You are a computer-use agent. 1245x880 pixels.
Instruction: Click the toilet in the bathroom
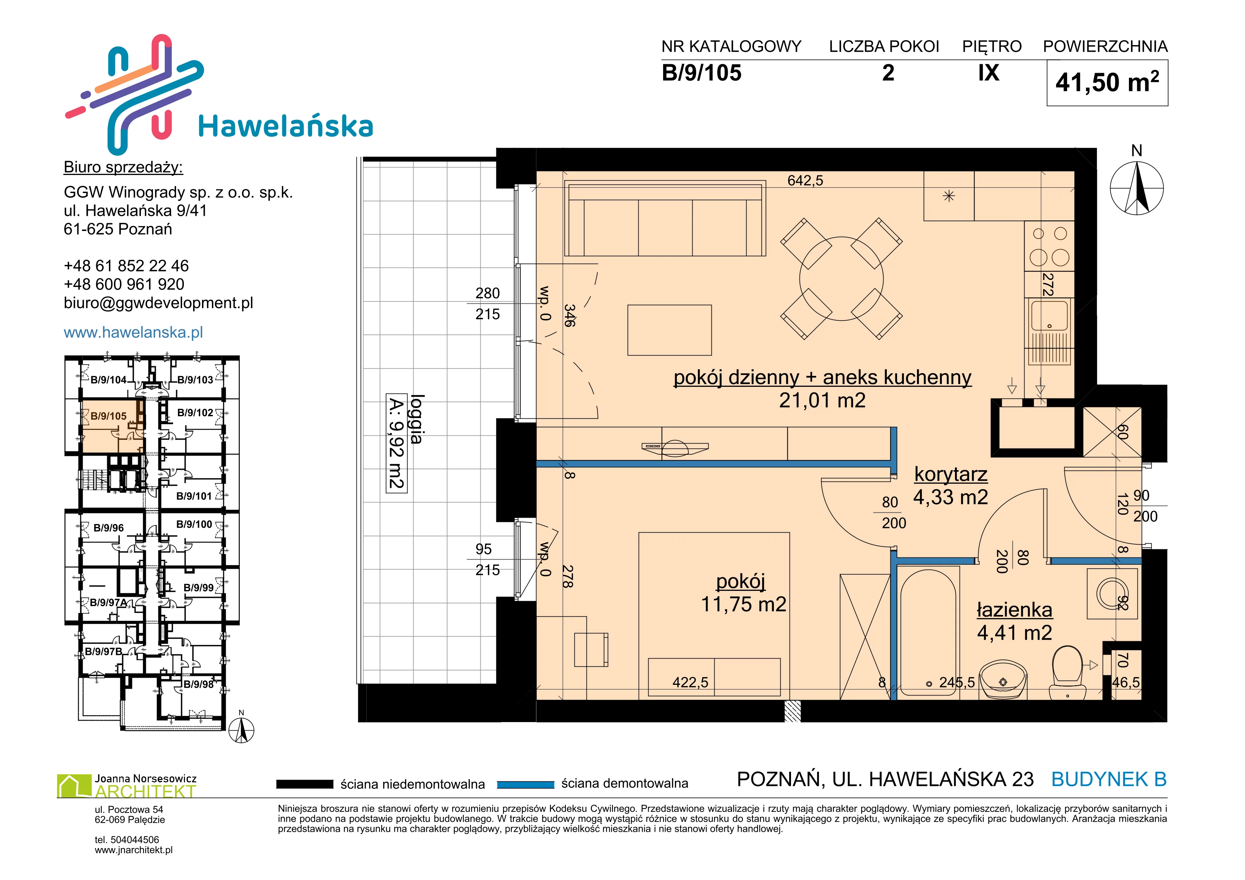pos(1067,672)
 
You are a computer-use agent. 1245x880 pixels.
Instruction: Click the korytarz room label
pos(951,474)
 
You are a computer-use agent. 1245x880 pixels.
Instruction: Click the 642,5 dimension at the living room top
pos(805,181)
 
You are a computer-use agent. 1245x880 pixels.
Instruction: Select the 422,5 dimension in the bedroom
pos(690,682)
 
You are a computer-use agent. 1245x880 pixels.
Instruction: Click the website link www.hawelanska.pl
pos(133,332)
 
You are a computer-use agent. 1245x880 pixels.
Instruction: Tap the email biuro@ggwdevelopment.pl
pos(158,303)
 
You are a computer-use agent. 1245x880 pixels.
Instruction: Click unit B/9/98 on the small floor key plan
pos(198,684)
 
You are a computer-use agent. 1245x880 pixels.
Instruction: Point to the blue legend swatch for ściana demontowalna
pos(525,784)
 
